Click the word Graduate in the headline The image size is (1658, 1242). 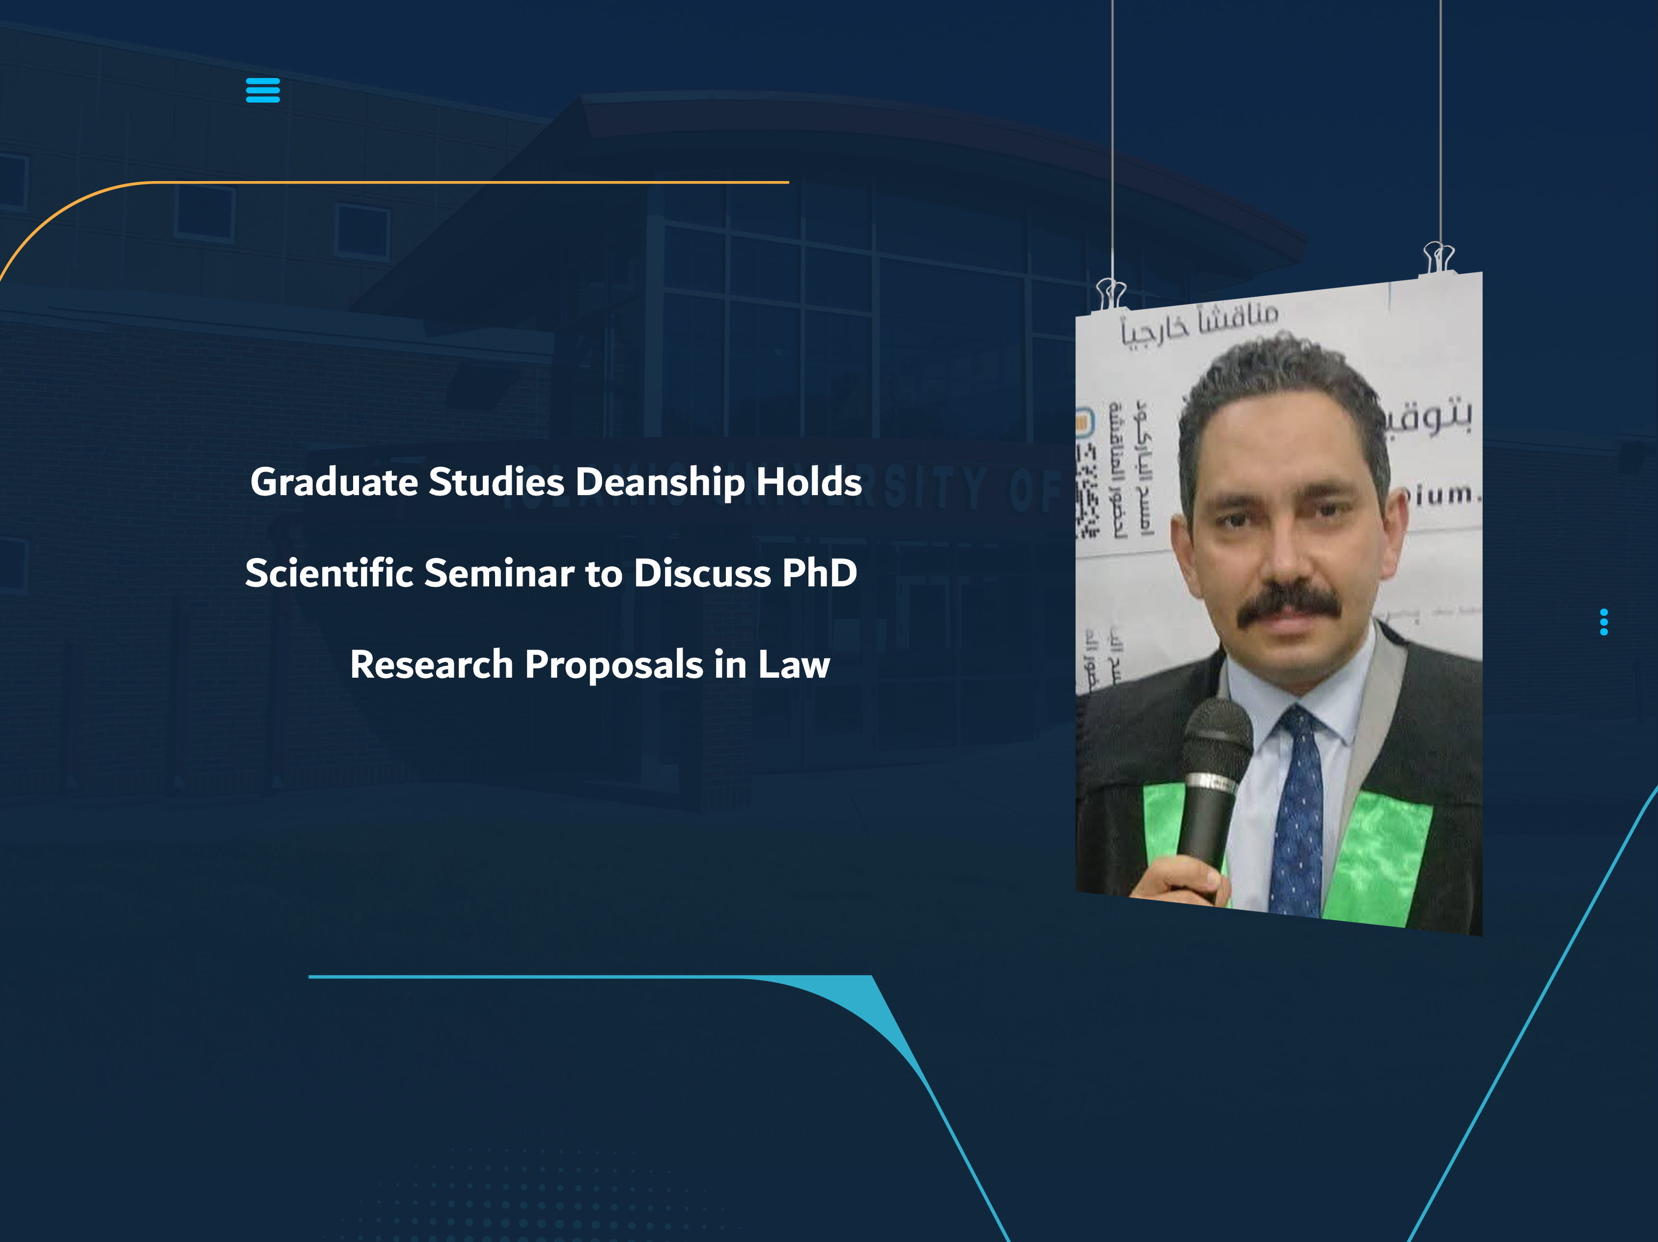coord(333,482)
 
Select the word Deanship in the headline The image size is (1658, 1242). coord(660,482)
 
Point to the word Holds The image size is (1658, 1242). coord(809,482)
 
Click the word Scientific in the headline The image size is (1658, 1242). coord(329,573)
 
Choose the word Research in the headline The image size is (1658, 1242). coord(431,664)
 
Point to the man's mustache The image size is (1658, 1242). coord(1289,605)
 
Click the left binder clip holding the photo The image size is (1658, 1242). coord(1111,293)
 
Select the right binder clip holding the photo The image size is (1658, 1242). coord(1438,257)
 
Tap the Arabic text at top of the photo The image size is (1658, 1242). coord(1199,322)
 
